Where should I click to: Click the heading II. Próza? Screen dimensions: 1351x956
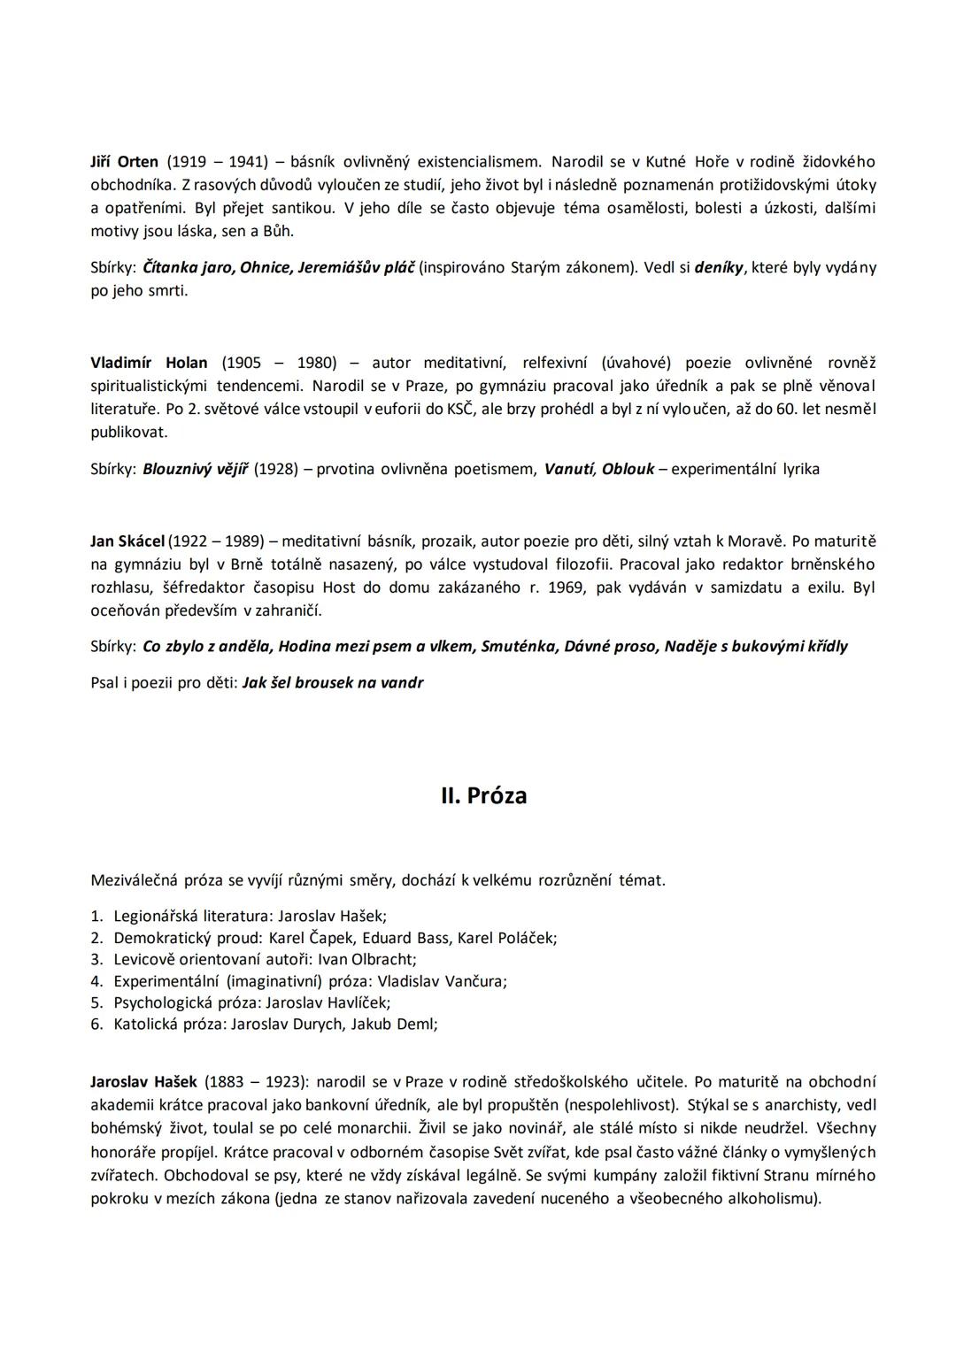click(483, 795)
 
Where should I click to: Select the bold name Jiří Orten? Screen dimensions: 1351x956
click(124, 162)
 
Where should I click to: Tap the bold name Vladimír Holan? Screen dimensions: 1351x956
click(149, 363)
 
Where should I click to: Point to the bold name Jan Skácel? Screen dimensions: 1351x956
click(127, 541)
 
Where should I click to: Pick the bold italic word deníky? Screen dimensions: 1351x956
click(720, 267)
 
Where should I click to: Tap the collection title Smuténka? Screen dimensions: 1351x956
click(519, 646)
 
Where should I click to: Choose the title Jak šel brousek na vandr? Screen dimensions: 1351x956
click(333, 682)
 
